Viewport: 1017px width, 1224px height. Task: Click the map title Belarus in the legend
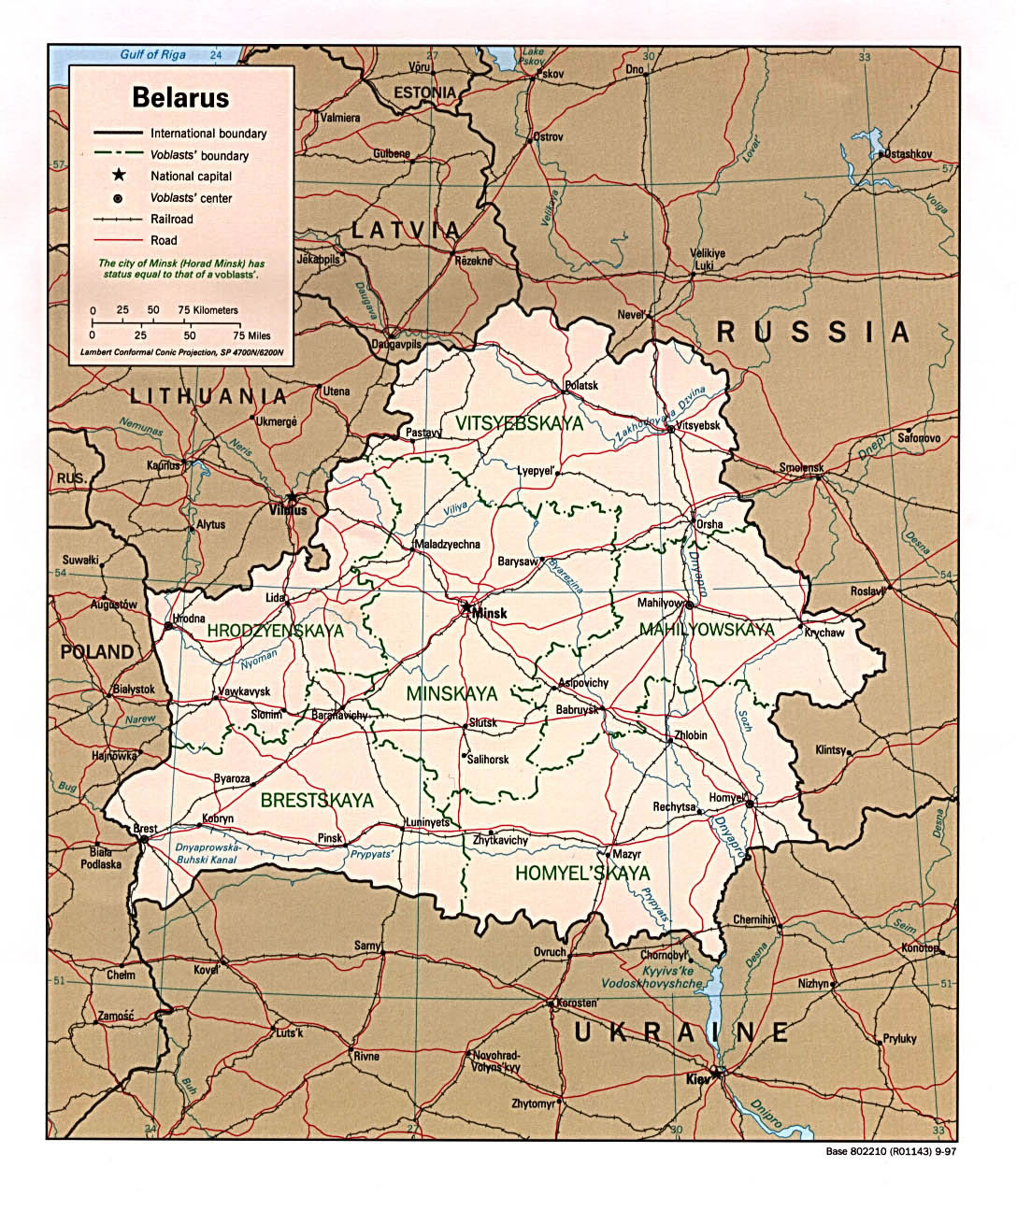click(180, 97)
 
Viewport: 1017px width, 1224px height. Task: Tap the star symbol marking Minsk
click(466, 606)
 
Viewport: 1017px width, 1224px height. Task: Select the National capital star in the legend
click(119, 176)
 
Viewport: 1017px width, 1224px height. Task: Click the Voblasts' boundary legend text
click(199, 155)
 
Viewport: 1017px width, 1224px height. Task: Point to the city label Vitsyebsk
click(701, 425)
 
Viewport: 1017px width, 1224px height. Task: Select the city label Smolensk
click(801, 467)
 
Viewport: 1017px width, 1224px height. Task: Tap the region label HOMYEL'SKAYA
click(582, 874)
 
